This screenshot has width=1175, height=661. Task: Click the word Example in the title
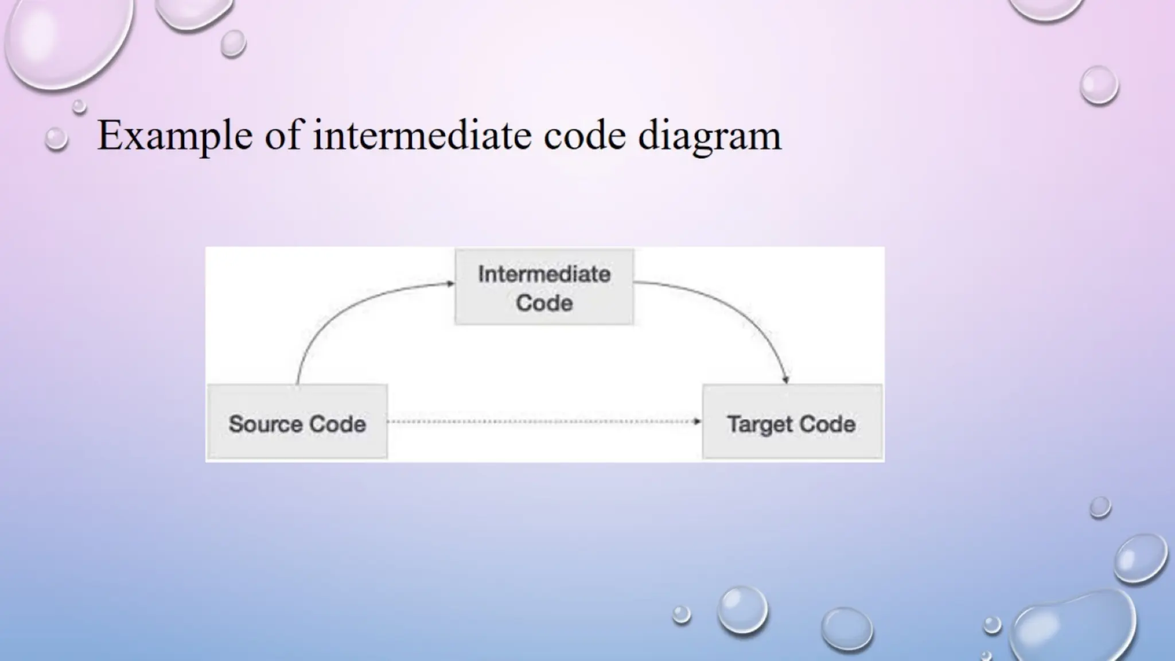174,137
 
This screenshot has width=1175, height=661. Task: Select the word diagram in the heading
709,137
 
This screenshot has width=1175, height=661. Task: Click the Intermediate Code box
544,287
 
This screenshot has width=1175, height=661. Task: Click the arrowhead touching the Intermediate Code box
450,283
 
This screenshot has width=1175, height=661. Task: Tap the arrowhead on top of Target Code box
786,379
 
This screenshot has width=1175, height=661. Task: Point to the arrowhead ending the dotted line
697,422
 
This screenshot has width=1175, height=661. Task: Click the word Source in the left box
264,424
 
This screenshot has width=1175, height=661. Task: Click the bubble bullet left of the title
56,139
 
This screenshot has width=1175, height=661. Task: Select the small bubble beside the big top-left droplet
233,43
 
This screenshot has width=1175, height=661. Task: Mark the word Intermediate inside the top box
544,274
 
